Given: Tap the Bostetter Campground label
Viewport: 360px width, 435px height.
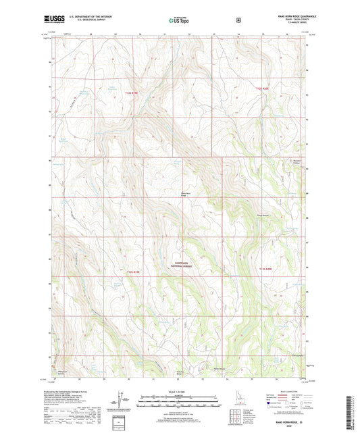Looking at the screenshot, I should point(295,162).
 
